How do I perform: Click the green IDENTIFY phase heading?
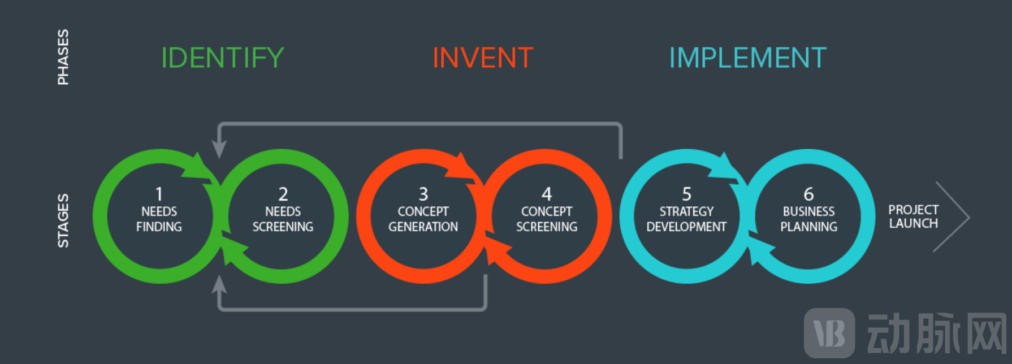222,58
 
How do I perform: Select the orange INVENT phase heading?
483,58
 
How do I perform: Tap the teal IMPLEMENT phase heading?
747,58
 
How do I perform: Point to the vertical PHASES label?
63,57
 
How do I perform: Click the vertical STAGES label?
63,220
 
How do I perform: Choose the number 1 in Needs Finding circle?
159,194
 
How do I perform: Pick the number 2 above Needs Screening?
283,194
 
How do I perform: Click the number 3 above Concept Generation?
423,194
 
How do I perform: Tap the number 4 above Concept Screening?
547,194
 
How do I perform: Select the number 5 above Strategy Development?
687,194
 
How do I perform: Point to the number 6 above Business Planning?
809,194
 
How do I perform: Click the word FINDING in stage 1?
159,227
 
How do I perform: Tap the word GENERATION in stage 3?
423,227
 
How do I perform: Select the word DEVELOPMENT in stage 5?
686,227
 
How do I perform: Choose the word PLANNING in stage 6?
809,227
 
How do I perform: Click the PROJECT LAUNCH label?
914,216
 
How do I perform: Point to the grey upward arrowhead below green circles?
219,284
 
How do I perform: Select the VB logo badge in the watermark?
829,333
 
